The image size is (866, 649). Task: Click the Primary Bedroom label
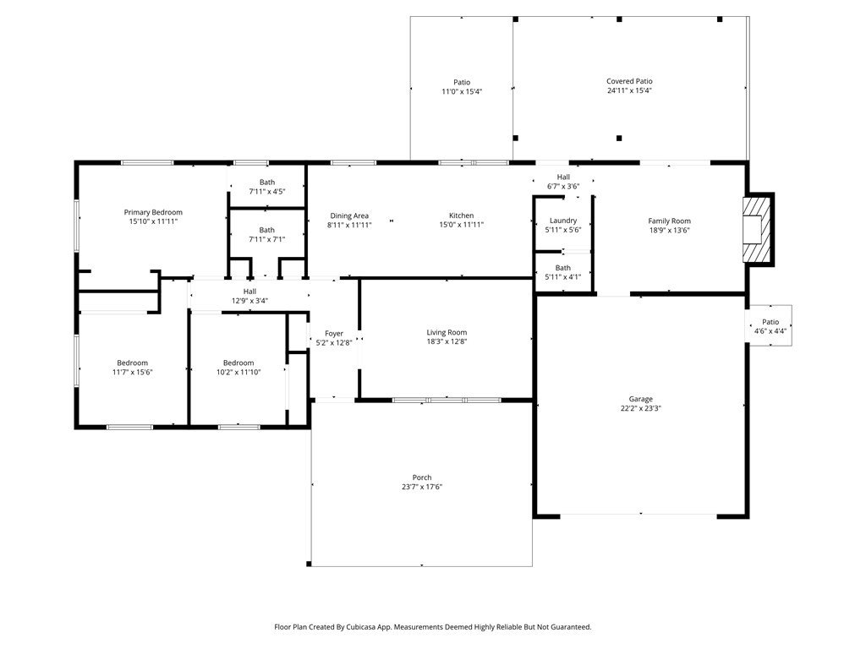click(153, 212)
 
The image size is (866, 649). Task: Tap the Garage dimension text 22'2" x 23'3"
click(641, 408)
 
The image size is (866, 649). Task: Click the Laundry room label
click(563, 221)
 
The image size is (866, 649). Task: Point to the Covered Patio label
click(629, 81)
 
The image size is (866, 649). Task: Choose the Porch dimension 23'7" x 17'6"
click(422, 487)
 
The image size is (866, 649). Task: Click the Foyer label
click(334, 333)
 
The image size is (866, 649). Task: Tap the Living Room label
click(447, 332)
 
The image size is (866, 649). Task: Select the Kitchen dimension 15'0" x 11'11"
click(462, 225)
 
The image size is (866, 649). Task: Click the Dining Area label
click(349, 215)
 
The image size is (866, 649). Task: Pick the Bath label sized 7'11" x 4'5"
click(267, 183)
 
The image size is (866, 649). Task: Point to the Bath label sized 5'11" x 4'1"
click(563, 268)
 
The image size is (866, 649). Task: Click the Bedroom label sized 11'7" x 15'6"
click(133, 363)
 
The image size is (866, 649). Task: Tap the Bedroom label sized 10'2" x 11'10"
click(238, 363)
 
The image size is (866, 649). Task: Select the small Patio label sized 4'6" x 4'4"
click(770, 322)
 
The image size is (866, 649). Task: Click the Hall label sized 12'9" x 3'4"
click(249, 292)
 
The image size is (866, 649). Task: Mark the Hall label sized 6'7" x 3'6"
click(563, 177)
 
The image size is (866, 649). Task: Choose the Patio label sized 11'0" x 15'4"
click(463, 82)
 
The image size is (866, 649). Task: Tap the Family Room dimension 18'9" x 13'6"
click(670, 230)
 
